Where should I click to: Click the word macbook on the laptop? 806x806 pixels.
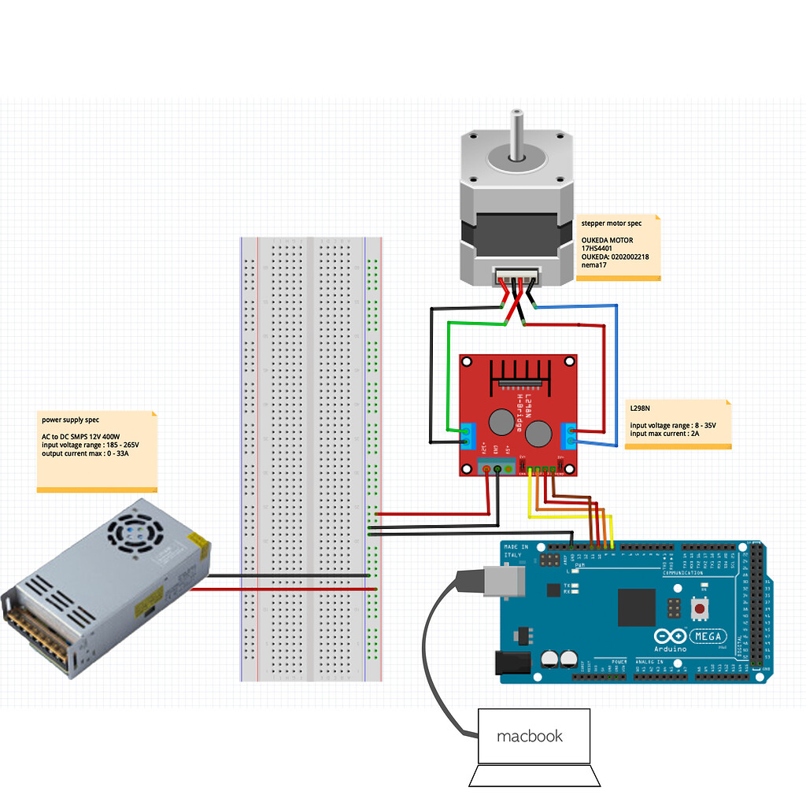pos(530,737)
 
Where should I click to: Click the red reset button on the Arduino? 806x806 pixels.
pos(697,608)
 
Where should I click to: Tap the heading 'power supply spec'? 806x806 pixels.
pos(71,420)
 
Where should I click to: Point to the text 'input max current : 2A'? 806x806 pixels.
pos(664,434)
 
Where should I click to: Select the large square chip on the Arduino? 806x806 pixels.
pos(637,608)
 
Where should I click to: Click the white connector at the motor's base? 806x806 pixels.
pos(516,277)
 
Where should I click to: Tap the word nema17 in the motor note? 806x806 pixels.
pos(593,265)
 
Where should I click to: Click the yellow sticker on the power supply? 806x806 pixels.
pos(199,542)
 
